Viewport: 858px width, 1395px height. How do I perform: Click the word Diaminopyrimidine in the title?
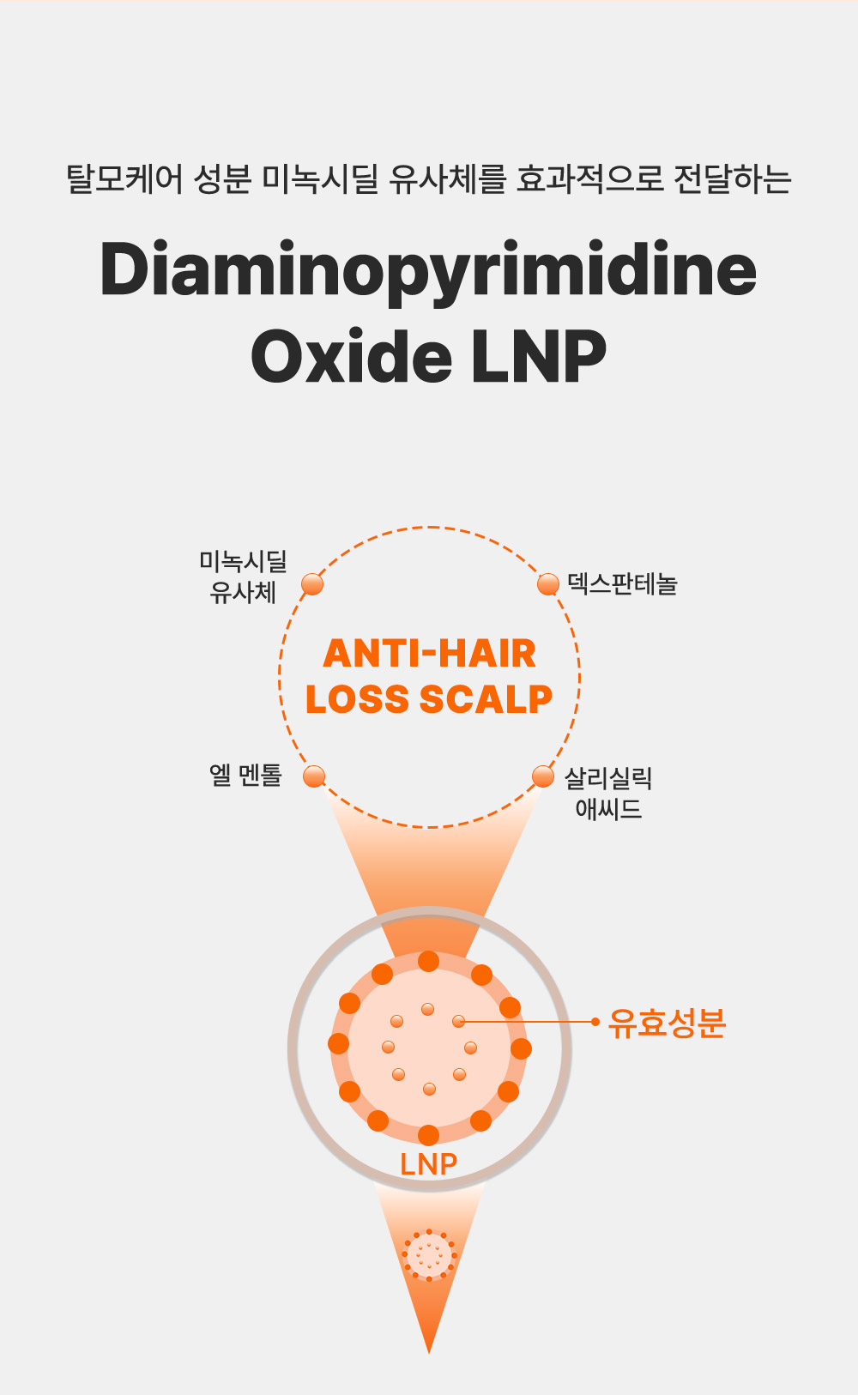[x=428, y=270]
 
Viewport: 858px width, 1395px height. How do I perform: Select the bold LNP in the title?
[x=539, y=356]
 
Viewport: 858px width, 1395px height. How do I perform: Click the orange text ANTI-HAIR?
[x=429, y=653]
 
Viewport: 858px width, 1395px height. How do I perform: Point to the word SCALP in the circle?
[x=486, y=698]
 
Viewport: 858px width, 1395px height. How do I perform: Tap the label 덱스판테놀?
[x=622, y=584]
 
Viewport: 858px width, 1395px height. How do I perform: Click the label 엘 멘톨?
[x=245, y=775]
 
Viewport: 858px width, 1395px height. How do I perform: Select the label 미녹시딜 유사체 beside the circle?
[x=243, y=577]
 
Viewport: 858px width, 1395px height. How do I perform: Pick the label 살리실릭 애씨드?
[x=608, y=794]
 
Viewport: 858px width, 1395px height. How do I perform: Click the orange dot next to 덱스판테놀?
[x=548, y=584]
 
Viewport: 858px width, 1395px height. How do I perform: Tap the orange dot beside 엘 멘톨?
[x=314, y=776]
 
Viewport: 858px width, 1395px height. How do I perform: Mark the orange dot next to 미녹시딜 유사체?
[x=312, y=584]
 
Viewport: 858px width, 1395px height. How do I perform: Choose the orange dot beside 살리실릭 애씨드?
[x=543, y=776]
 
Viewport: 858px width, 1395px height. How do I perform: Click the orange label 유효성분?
[x=667, y=1023]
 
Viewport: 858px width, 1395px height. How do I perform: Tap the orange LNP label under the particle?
[x=428, y=1164]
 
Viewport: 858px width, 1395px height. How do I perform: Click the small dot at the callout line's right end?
[x=595, y=1021]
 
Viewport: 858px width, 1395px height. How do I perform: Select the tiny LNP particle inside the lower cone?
[x=429, y=1255]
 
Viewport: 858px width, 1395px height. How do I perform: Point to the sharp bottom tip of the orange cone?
[x=428, y=1353]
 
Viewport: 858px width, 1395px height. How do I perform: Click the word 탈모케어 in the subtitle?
[x=124, y=178]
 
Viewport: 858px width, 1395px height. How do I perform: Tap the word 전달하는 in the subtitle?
[x=732, y=178]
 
